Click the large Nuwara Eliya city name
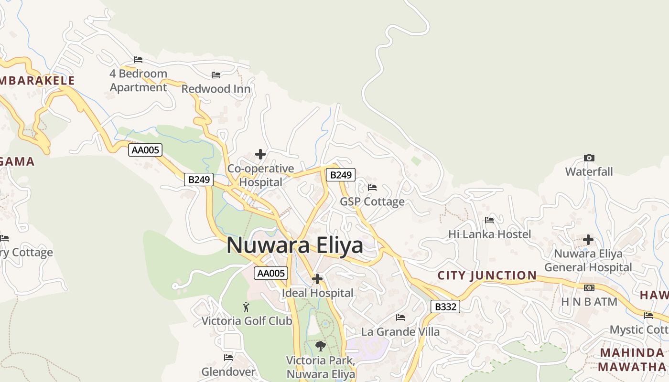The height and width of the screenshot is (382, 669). click(x=294, y=245)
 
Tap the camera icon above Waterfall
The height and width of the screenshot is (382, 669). click(x=589, y=158)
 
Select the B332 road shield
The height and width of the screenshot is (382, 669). click(x=445, y=307)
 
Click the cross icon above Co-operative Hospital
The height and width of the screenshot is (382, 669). click(x=260, y=154)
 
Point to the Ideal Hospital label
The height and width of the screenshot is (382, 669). click(x=318, y=293)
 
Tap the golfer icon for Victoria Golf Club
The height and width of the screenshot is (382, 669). click(x=247, y=307)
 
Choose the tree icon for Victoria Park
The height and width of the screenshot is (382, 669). click(x=321, y=346)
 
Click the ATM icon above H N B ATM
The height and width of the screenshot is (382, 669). click(x=589, y=288)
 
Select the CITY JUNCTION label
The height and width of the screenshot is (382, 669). click(x=487, y=276)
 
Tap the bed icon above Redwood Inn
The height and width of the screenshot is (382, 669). click(x=216, y=75)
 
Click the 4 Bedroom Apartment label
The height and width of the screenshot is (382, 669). click(x=139, y=81)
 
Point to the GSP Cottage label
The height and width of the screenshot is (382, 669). click(x=372, y=202)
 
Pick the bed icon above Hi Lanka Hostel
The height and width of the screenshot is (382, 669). click(x=489, y=220)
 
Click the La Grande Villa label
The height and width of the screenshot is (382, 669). click(x=400, y=331)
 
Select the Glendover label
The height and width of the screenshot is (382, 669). click(x=228, y=371)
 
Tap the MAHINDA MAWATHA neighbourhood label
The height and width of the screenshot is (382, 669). click(x=632, y=360)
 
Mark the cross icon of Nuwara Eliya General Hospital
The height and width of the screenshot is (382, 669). click(x=588, y=240)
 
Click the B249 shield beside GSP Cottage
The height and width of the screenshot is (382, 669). click(x=341, y=175)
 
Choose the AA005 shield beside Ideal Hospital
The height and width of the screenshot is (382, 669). click(x=271, y=273)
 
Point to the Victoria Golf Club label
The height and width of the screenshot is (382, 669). click(x=247, y=321)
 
